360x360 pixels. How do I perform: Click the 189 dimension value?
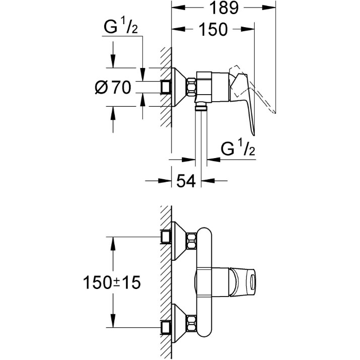[x=224, y=8]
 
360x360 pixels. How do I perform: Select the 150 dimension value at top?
[x=213, y=29]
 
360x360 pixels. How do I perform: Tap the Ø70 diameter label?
[x=113, y=88]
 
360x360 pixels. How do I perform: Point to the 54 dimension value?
[x=186, y=181]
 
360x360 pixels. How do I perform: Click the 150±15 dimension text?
[x=112, y=282]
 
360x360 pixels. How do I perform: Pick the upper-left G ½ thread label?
[x=121, y=26]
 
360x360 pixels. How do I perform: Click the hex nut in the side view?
[x=192, y=87]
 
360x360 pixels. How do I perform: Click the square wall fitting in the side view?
[x=166, y=87]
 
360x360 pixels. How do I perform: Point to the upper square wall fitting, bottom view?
[x=166, y=237]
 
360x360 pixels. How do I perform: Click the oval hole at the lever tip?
[x=253, y=282]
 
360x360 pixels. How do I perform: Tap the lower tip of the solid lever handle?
[x=254, y=135]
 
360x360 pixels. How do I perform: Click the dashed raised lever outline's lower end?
[x=274, y=112]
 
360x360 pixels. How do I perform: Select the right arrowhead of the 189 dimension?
[x=269, y=8]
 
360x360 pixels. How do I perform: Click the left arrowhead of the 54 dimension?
[x=165, y=181]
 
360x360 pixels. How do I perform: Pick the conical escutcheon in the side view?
[x=180, y=87]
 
